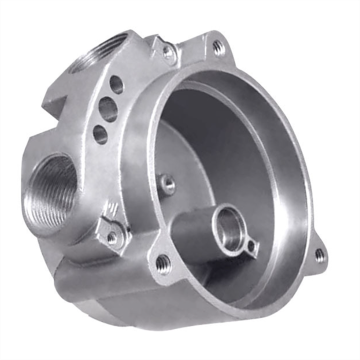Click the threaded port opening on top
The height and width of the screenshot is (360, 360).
(104, 51)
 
